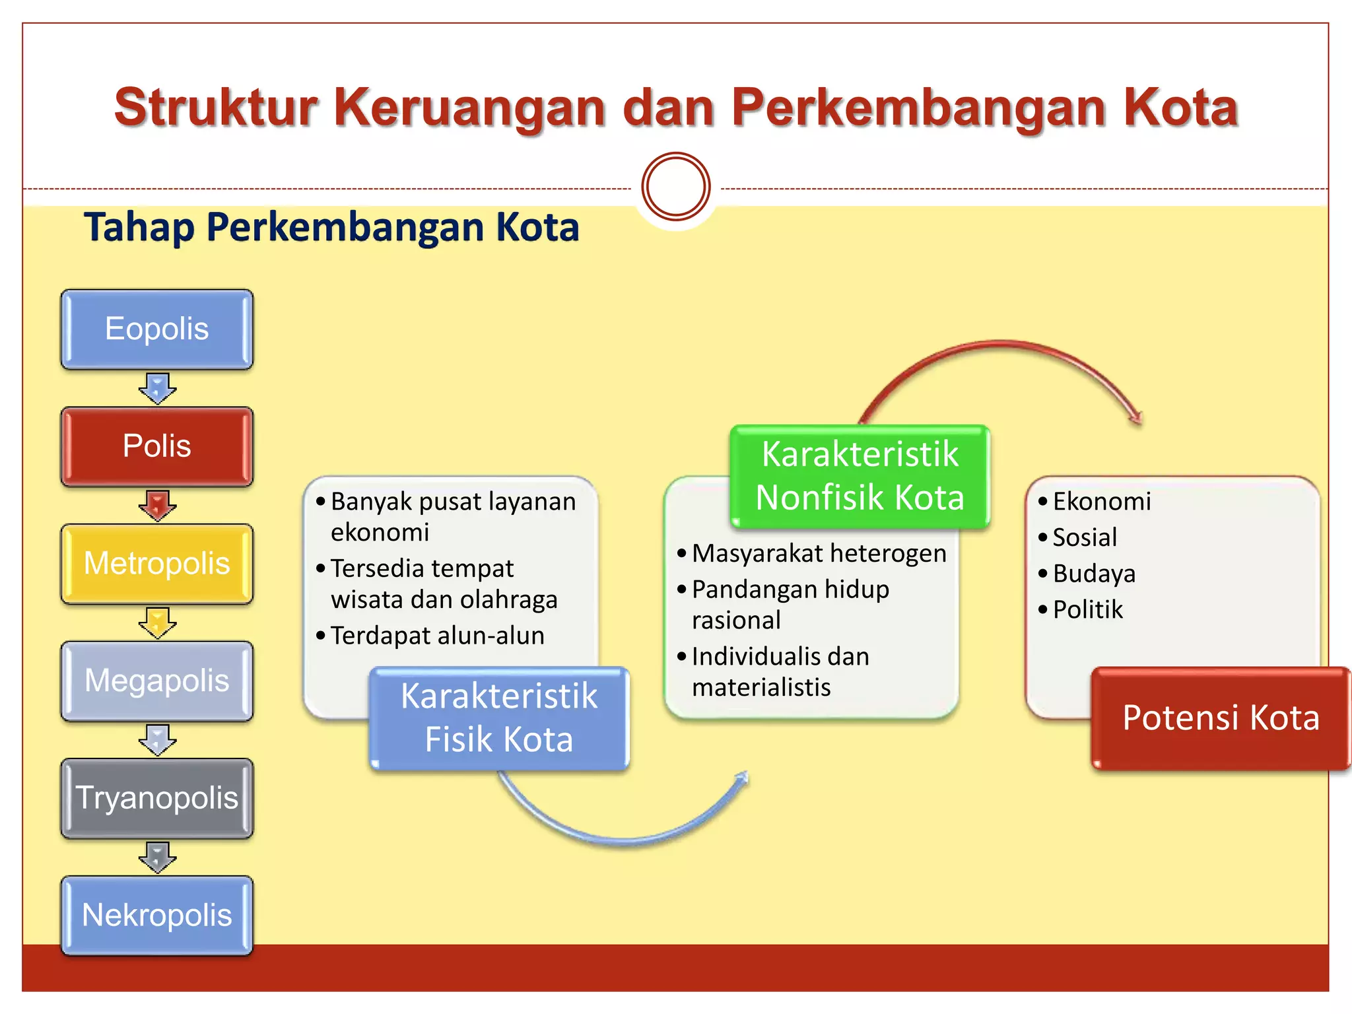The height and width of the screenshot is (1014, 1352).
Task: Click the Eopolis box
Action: click(x=156, y=329)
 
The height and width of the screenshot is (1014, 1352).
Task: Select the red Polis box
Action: click(x=156, y=446)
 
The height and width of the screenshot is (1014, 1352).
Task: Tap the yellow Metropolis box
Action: click(x=156, y=564)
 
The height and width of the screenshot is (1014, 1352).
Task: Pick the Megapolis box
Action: click(x=156, y=681)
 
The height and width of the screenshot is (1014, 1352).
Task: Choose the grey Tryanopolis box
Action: click(x=156, y=798)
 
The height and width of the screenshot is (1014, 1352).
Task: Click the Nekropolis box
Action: click(x=156, y=916)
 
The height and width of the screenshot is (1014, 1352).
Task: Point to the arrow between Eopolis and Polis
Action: click(x=157, y=388)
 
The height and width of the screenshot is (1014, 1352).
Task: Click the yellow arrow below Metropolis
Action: click(x=157, y=623)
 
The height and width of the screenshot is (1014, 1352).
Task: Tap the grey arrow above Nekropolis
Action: click(x=157, y=857)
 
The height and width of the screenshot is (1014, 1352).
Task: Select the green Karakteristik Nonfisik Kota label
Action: click(x=860, y=476)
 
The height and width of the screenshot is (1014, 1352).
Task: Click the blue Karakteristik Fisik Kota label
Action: click(x=499, y=718)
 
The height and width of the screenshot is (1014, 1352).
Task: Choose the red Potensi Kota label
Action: click(x=1221, y=718)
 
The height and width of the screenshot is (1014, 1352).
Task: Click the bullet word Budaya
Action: click(x=1094, y=574)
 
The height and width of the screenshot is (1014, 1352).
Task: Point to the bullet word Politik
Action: click(x=1087, y=610)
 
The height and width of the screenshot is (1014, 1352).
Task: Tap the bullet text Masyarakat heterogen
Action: click(x=819, y=553)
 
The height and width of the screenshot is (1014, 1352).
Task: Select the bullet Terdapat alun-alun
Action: click(x=437, y=636)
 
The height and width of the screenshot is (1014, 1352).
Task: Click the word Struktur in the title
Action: click(x=216, y=108)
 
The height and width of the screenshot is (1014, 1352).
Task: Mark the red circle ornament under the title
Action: click(x=675, y=187)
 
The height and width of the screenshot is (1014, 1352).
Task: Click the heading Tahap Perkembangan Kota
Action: click(x=331, y=227)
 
